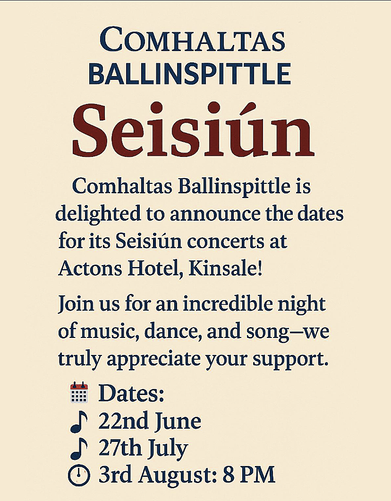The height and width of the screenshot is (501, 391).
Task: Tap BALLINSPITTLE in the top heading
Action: [189, 74]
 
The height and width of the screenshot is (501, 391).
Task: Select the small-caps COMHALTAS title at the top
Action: [193, 40]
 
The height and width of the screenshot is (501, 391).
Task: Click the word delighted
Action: [98, 214]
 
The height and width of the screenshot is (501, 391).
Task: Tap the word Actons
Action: [90, 269]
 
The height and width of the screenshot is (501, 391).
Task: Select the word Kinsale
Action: [225, 269]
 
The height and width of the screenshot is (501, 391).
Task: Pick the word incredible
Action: [228, 303]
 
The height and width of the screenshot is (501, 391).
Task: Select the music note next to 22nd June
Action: [79, 422]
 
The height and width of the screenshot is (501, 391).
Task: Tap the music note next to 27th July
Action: [79, 449]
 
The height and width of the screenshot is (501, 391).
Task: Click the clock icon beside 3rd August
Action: [79, 475]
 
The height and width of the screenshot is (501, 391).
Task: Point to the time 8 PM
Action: [249, 475]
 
